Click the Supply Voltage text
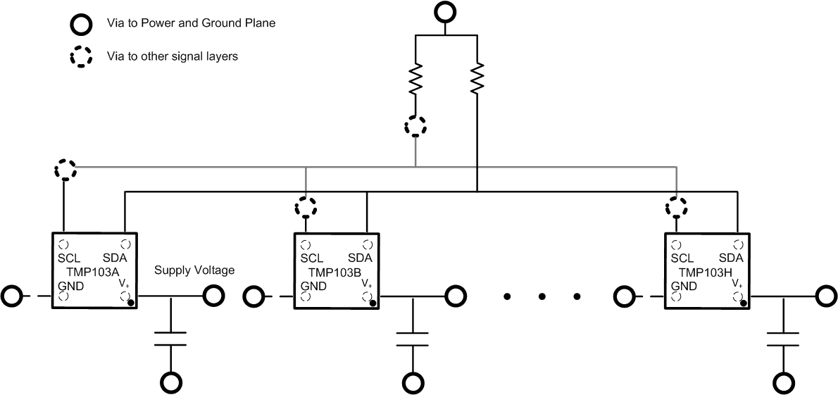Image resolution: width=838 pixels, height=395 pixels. pyautogui.click(x=194, y=270)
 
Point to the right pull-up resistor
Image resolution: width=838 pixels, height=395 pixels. pyautogui.click(x=478, y=79)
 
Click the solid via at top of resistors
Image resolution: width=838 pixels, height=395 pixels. pyautogui.click(x=445, y=12)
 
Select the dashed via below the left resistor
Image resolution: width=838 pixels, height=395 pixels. pyautogui.click(x=415, y=127)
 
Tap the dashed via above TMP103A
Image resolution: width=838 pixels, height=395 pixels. pyautogui.click(x=65, y=170)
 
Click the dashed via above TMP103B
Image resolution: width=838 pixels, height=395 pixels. pyautogui.click(x=305, y=207)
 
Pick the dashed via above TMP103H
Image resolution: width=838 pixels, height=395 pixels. pyautogui.click(x=677, y=207)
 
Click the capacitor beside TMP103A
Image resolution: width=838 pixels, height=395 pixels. pyautogui.click(x=171, y=337)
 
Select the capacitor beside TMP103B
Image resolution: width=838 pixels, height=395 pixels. pyautogui.click(x=413, y=337)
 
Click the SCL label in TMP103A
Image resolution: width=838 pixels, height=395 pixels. pyautogui.click(x=70, y=258)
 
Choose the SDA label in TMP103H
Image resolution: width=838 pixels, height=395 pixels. pyautogui.click(x=732, y=258)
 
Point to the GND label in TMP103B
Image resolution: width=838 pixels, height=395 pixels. pyautogui.click(x=313, y=286)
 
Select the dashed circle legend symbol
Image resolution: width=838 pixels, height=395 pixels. pyautogui.click(x=81, y=56)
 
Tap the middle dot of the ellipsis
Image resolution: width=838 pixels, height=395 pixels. pyautogui.click(x=542, y=296)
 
